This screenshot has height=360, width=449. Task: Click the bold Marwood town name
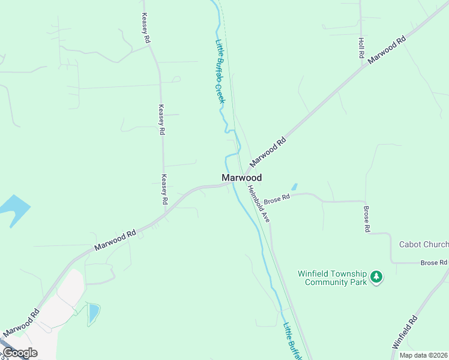241,178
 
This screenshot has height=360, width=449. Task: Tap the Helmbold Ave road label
259,204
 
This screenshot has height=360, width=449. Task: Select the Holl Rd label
361,48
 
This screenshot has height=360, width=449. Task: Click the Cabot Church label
424,244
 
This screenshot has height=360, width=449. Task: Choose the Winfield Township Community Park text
332,278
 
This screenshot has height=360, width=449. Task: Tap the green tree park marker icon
376,277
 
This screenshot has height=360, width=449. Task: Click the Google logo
19,353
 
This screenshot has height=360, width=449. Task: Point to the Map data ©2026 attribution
424,355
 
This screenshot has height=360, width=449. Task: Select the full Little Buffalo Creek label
220,71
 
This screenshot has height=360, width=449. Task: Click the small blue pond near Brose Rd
294,187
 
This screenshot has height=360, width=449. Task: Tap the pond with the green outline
94,313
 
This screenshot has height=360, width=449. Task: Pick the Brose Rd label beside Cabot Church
433,263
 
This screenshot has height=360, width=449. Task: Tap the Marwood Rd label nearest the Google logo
20,323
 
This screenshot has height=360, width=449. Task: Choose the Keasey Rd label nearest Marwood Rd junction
164,189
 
